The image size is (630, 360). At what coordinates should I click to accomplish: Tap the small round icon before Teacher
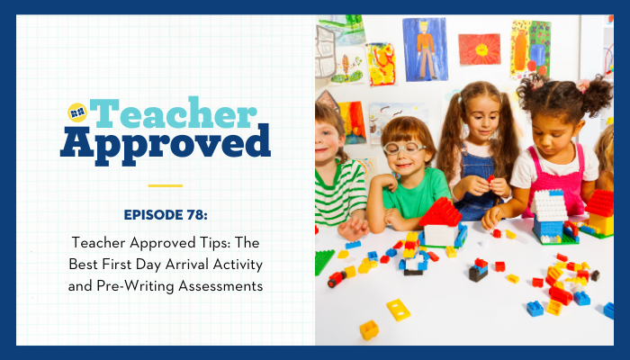click(x=77, y=112)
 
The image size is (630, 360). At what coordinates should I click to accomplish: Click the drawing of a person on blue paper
click(x=425, y=49)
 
